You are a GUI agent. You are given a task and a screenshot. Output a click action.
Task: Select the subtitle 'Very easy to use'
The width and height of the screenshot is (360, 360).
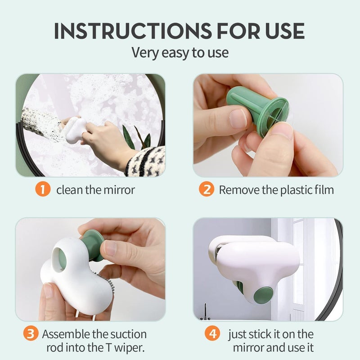(180, 53)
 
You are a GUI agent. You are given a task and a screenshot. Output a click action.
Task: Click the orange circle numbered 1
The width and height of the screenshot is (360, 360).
(43, 189)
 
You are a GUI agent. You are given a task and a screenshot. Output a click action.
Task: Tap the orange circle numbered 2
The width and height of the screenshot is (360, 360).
(207, 189)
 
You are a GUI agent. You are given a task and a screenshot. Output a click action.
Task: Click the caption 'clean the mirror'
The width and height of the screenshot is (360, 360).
(95, 190)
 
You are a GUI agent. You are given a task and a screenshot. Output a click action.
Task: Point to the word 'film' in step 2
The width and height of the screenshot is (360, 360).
(323, 190)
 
